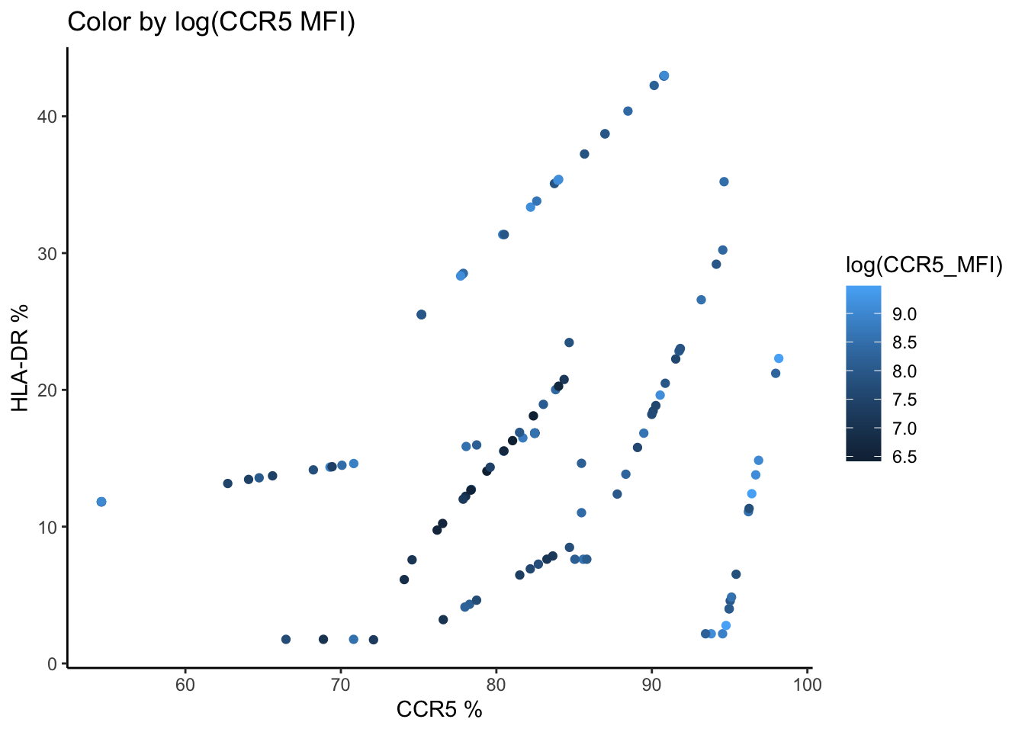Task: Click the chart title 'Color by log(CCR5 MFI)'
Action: [x=211, y=22]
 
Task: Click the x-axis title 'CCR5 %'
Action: [x=439, y=710]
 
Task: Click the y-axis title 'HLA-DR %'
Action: [x=21, y=358]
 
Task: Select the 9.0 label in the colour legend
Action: [x=904, y=314]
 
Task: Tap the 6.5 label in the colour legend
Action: [x=904, y=457]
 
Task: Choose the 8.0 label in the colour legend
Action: [x=904, y=371]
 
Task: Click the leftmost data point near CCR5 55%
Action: [x=101, y=502]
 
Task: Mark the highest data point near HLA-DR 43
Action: [x=664, y=75]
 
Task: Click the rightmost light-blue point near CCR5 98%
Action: [x=779, y=358]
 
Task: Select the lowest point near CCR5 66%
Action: [x=286, y=639]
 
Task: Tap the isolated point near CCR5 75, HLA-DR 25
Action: [x=421, y=314]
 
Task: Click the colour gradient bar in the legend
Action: [x=863, y=374]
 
